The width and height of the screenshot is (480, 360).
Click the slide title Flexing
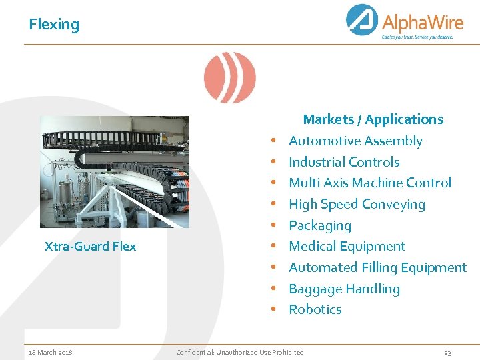point(54,25)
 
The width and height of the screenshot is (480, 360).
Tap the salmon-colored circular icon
point(229,77)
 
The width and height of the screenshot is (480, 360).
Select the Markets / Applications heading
point(373,119)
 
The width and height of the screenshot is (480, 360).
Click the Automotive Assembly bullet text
point(355,141)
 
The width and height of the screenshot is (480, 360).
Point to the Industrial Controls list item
point(344,162)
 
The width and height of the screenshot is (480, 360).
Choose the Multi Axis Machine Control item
point(370,183)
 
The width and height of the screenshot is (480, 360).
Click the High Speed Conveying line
point(357,204)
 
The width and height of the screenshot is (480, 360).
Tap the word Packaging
point(320,225)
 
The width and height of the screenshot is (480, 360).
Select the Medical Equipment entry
point(347,246)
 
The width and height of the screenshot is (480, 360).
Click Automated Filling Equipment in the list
point(377,267)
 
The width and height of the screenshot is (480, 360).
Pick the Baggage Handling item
point(344,289)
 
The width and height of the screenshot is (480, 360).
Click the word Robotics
point(315,309)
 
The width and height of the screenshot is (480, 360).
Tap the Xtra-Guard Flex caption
point(90,246)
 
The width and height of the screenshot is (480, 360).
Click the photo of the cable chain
point(114,172)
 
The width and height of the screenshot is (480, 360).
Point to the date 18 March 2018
point(51,352)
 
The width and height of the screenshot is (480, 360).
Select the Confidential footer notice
point(239,352)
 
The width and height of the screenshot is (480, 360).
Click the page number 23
point(448,352)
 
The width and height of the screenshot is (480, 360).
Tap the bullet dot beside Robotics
point(273,310)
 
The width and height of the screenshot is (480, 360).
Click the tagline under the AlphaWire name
point(417,37)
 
